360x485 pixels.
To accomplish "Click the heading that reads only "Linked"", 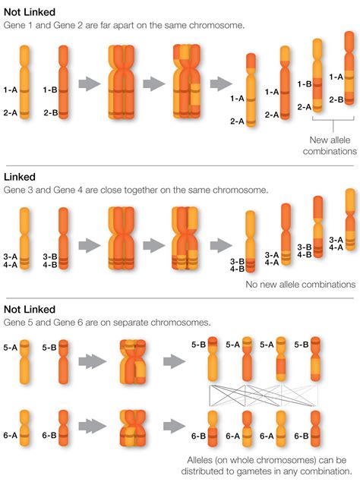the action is pos(20,177).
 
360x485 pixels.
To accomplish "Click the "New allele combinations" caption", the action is pos(330,146).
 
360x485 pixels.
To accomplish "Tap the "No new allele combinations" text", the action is pos(300,285).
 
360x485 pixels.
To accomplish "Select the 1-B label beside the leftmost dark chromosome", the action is pos(50,90).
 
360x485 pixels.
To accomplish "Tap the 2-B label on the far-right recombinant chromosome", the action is pos(336,99).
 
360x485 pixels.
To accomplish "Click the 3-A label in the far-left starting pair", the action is pos(10,257).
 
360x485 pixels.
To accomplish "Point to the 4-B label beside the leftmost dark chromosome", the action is pos(50,265).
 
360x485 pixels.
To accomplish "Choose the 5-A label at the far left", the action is pos(10,348).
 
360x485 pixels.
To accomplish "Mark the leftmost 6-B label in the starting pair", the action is pos(49,435).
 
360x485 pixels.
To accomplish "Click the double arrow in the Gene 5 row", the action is pos(92,361).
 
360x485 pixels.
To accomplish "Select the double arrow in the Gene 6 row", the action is pos(92,427).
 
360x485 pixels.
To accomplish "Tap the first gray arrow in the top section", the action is pos(90,83).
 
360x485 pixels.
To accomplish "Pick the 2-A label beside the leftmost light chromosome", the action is pos(10,113).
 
